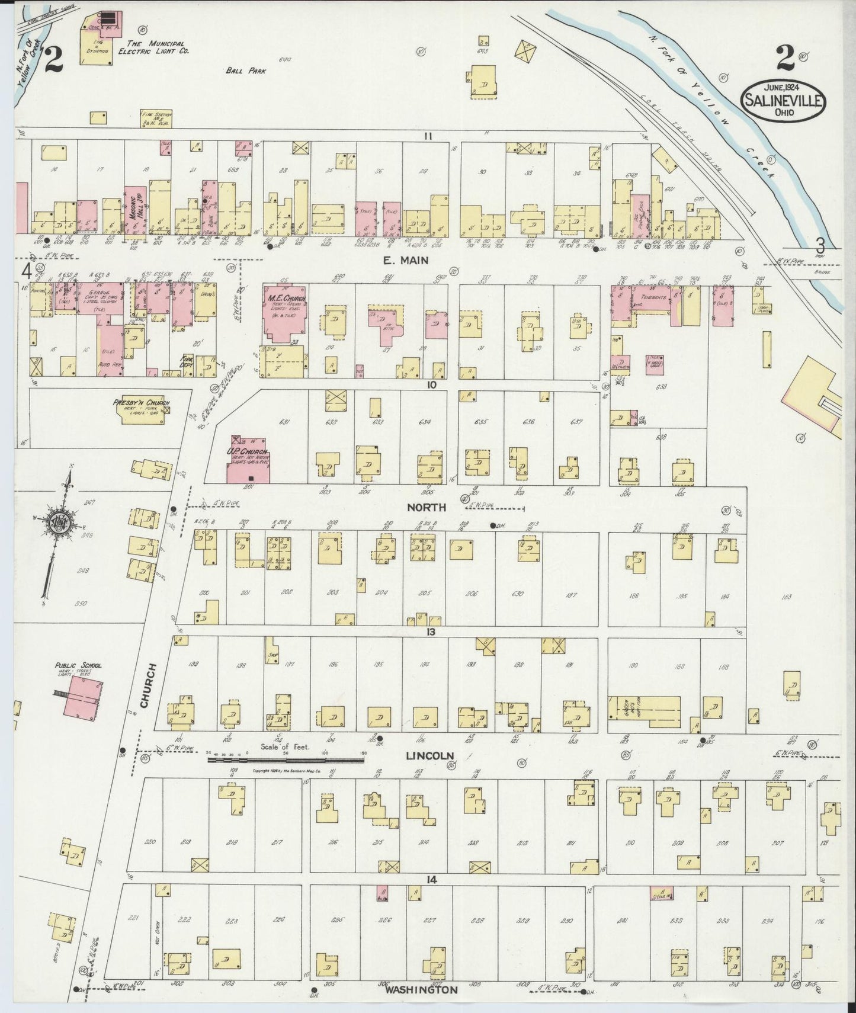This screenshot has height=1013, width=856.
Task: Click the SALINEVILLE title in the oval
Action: click(x=781, y=100)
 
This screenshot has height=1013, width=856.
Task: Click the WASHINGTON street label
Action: click(x=421, y=990)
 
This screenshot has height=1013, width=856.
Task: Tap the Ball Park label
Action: click(x=245, y=70)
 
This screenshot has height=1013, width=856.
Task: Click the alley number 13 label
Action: click(x=430, y=631)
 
